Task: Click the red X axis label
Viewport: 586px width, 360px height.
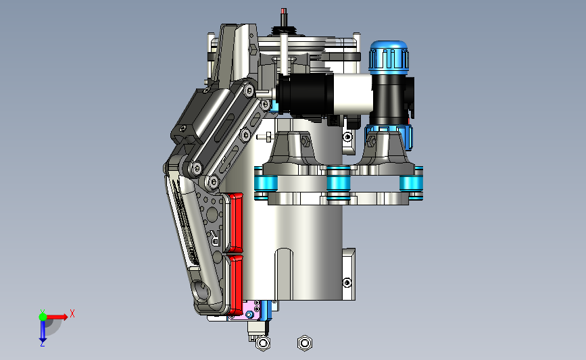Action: tap(72, 313)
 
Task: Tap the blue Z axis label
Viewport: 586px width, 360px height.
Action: tap(42, 344)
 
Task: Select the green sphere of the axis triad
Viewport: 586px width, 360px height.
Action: tap(43, 317)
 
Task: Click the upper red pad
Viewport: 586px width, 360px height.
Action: tap(235, 223)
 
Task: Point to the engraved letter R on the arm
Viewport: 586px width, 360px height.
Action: tap(215, 238)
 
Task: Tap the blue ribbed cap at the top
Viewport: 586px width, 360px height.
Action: tap(389, 55)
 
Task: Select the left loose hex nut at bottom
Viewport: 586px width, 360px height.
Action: tap(263, 343)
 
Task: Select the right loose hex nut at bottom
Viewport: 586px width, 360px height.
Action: tap(305, 343)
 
